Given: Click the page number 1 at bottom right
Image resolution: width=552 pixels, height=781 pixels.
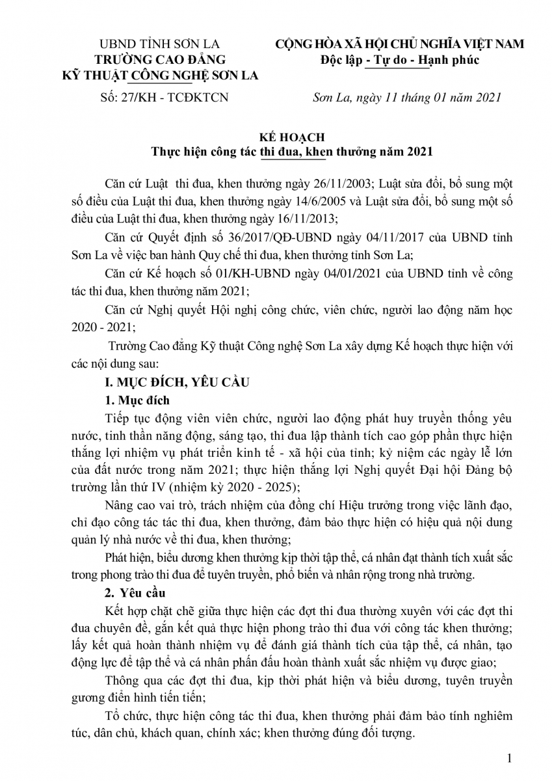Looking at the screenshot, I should pos(510,758).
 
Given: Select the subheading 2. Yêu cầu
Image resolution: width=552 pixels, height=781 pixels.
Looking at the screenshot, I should pos(135,594).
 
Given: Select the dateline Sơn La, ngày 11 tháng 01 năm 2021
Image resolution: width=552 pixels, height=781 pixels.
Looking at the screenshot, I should pos(406,98).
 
